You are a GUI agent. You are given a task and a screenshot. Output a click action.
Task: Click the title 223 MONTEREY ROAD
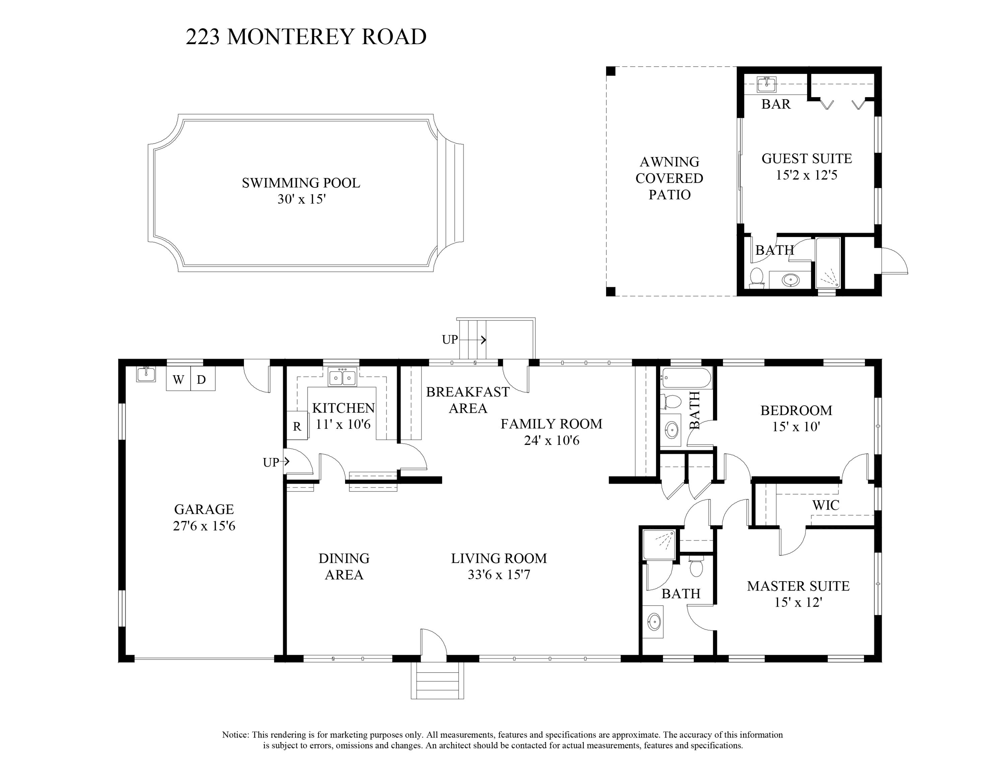[x=306, y=37]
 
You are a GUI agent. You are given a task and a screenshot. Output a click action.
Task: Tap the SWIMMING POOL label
[x=301, y=183]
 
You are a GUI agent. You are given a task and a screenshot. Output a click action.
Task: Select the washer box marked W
[x=179, y=379]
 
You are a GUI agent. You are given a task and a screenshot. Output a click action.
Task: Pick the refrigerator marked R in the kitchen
[x=297, y=426]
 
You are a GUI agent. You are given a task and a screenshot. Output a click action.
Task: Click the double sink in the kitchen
[x=342, y=377]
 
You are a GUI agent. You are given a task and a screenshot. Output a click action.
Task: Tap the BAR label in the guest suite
[x=776, y=104]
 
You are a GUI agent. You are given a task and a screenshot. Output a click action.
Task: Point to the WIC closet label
[x=825, y=505]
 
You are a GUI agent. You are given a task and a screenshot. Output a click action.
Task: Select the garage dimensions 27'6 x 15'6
[x=204, y=526]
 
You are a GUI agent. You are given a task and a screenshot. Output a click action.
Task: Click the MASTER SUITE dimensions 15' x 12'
[x=798, y=602]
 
